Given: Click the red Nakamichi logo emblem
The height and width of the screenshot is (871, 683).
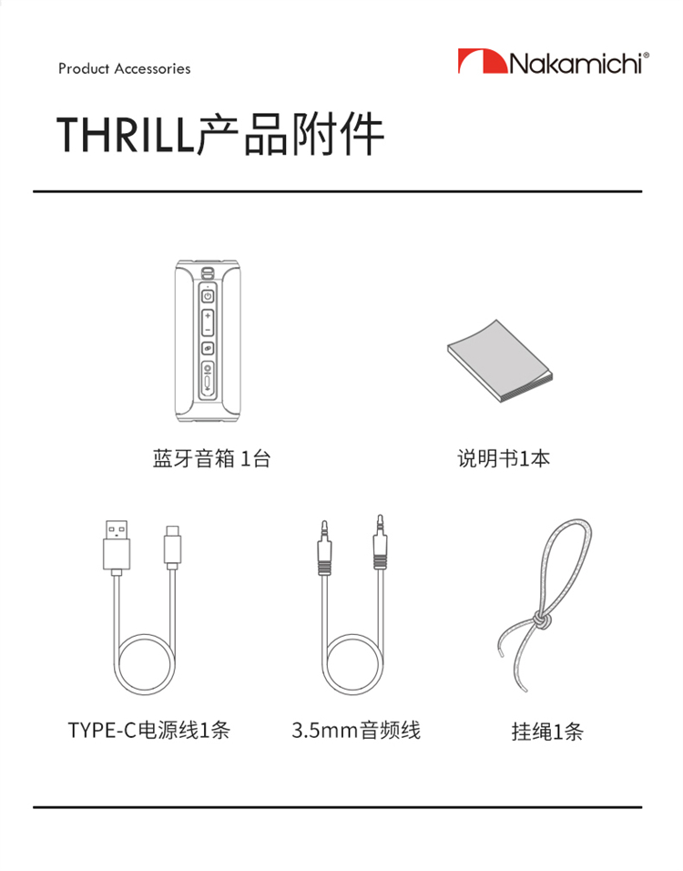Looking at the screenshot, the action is [482, 61].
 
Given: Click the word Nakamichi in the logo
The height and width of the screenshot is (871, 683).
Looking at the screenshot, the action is [578, 63].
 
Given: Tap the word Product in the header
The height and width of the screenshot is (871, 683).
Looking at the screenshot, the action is [84, 68].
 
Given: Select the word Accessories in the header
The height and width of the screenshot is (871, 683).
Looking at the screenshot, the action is [153, 68].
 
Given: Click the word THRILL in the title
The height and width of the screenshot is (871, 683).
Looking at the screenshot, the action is [126, 135].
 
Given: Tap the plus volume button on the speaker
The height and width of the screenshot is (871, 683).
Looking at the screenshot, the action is [207, 315].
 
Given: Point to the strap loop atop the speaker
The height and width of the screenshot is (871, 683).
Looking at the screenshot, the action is [208, 272].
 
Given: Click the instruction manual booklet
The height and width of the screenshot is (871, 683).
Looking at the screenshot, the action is [500, 361].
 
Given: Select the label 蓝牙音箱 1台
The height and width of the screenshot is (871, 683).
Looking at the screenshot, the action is [211, 459].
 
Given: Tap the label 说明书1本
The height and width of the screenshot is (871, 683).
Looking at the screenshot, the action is [504, 459].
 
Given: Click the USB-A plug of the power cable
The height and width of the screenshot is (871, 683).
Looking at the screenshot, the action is [117, 548].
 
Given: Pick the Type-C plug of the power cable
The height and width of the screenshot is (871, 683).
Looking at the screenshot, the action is [173, 548].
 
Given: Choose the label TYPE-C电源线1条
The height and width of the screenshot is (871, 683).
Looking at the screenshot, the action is [148, 730].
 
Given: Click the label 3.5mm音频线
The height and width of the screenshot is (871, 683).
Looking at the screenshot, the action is [356, 730].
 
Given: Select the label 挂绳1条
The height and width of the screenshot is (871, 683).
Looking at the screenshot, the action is [547, 732].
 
